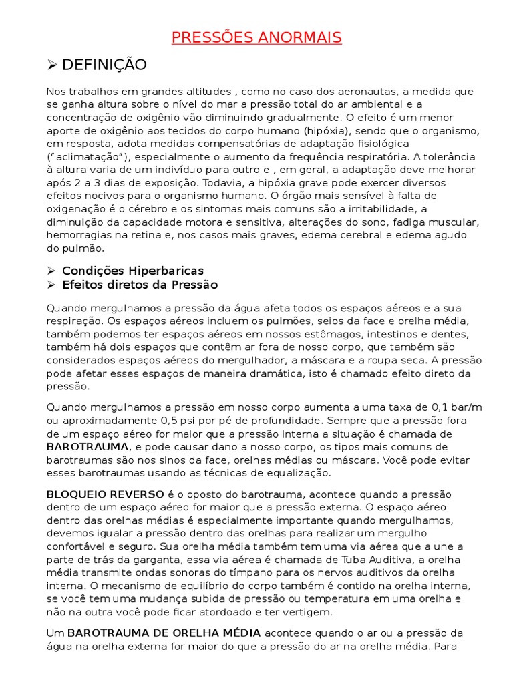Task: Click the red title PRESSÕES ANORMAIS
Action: pos(256,37)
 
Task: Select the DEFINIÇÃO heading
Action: pos(104,65)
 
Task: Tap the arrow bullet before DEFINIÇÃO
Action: pos(53,65)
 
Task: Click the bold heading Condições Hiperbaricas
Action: pos(133,271)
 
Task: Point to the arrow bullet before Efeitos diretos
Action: pos(51,285)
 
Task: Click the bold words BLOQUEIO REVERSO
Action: pos(105,494)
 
